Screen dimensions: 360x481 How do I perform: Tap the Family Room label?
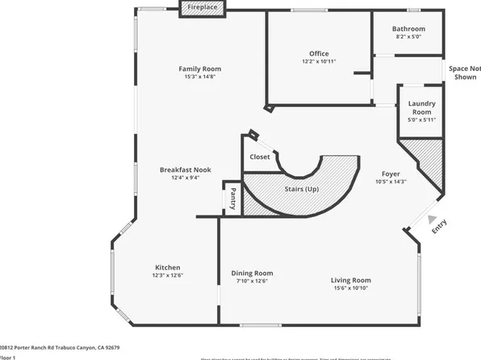pyautogui.click(x=199, y=69)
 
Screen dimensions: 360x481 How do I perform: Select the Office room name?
pyautogui.click(x=319, y=53)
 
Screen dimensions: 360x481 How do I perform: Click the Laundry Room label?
pyautogui.click(x=421, y=107)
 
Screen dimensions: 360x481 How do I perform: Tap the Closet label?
pyautogui.click(x=259, y=157)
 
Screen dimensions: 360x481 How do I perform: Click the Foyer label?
pyautogui.click(x=391, y=174)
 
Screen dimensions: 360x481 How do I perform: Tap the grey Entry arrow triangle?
pyautogui.click(x=433, y=219)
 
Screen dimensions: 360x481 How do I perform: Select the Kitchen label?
pyautogui.click(x=167, y=267)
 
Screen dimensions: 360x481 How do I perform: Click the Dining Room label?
pyautogui.click(x=252, y=272)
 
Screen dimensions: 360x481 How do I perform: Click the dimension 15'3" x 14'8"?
pyautogui.click(x=199, y=77)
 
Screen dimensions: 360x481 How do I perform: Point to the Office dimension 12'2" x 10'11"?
pyautogui.click(x=319, y=61)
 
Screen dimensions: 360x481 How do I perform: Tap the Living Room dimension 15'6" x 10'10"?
pyautogui.click(x=350, y=288)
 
